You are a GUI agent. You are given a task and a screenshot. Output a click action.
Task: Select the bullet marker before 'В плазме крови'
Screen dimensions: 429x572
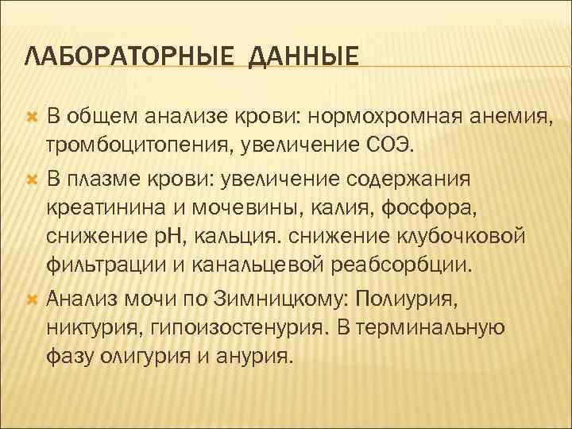point(33,178)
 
